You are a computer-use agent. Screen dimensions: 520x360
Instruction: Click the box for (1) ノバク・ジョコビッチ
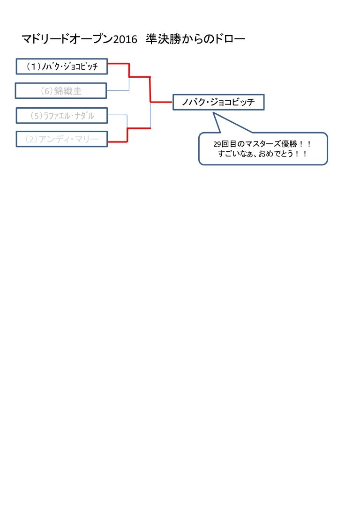61,67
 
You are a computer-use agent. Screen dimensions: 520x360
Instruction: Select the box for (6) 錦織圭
61,91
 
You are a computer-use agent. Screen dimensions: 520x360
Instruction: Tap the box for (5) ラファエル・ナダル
61,115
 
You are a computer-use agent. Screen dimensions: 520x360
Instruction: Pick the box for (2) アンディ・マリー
61,139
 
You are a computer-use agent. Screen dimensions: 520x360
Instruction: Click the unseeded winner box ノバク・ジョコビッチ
218,102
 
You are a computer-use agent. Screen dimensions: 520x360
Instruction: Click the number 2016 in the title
125,40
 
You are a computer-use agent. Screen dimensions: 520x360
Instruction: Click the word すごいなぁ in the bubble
233,154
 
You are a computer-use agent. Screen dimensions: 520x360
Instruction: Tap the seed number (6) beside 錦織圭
46,91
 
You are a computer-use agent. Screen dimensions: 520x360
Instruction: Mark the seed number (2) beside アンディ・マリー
31,139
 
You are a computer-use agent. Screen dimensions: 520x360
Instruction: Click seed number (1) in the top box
33,67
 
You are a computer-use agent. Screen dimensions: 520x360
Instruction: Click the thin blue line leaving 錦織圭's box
118,90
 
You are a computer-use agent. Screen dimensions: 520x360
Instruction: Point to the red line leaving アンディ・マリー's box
117,141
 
